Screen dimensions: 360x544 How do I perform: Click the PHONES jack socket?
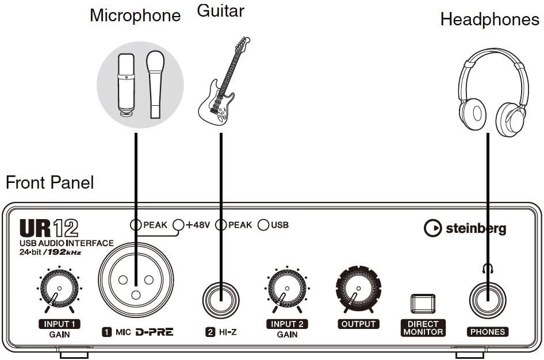(x=487, y=300)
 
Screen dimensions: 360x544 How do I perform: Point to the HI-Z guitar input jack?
(x=221, y=300)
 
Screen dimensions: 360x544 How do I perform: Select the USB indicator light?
(x=263, y=224)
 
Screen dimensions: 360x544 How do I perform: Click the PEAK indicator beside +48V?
(x=136, y=224)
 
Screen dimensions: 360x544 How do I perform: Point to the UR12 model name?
(x=48, y=228)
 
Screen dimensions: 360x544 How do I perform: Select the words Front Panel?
(x=49, y=183)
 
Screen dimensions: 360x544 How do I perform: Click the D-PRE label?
(x=154, y=332)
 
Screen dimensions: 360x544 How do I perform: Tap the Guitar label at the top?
(x=220, y=10)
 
